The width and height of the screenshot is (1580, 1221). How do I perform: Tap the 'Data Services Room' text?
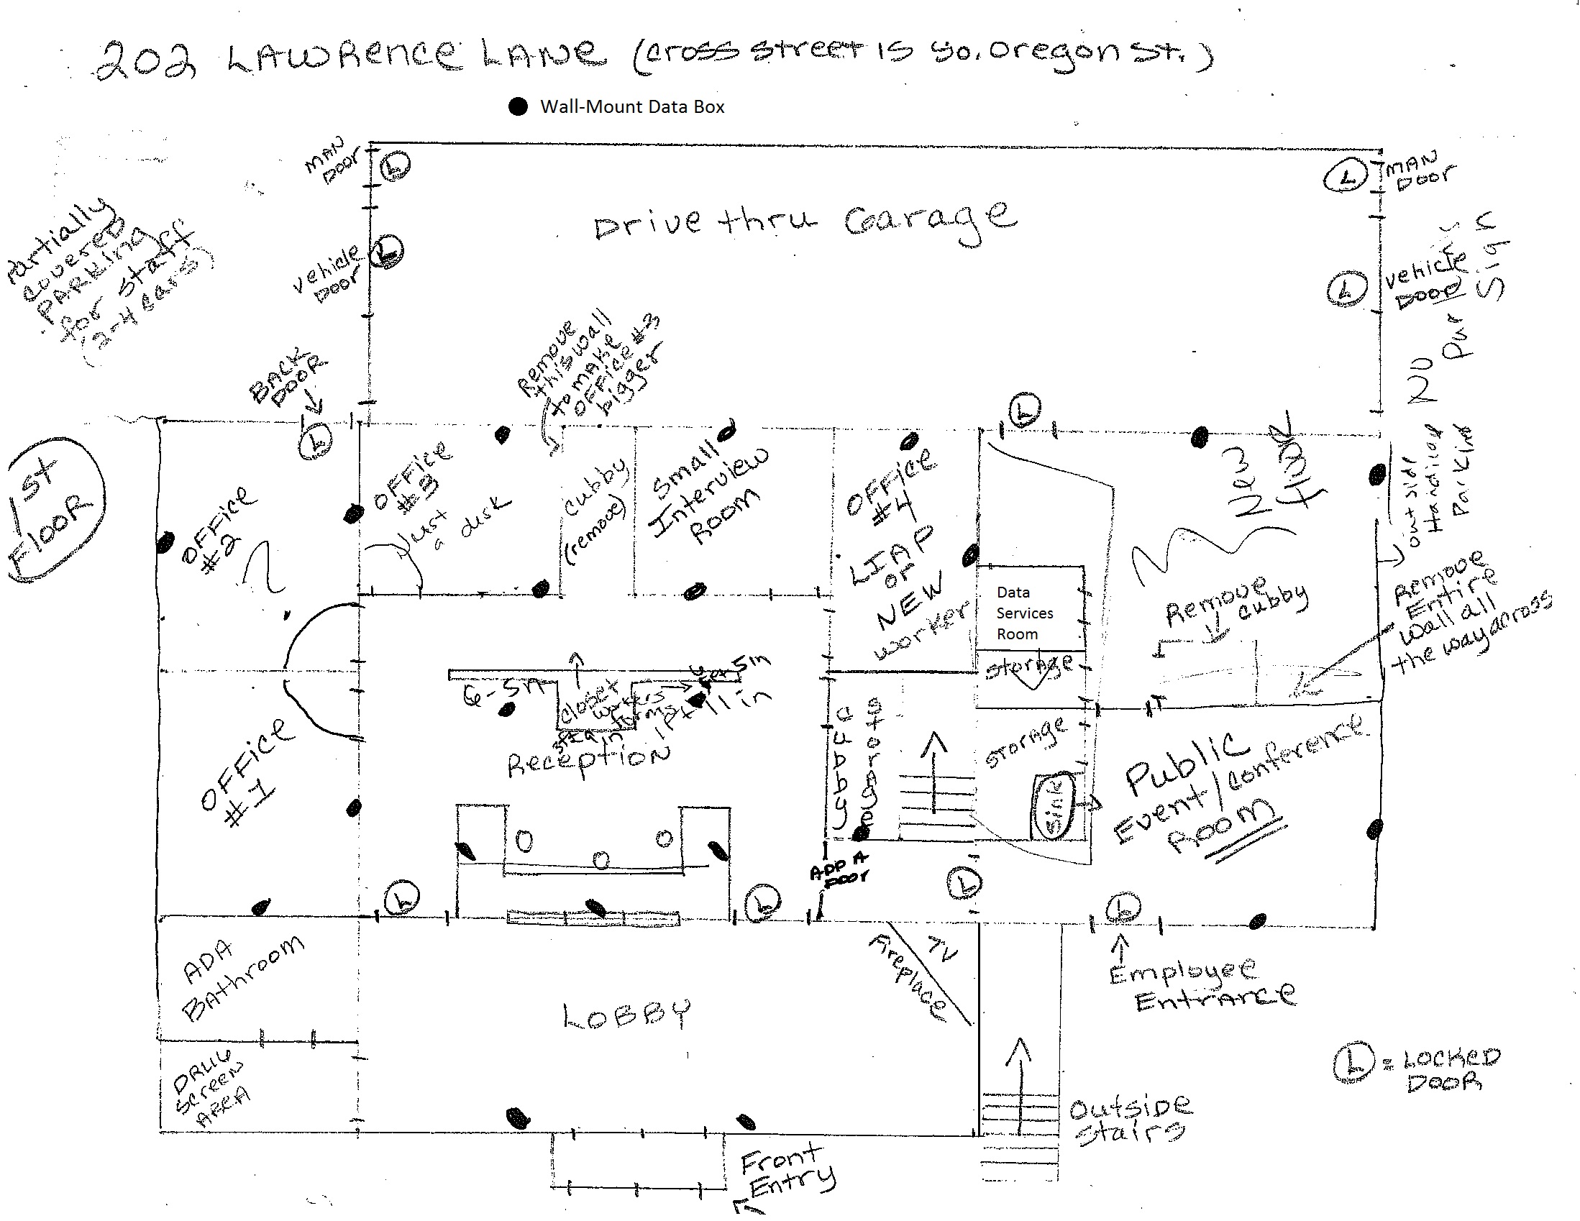point(1024,613)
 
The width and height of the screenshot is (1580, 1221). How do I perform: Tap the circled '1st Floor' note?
point(55,509)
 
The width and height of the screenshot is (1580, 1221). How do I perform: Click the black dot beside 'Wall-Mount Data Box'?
point(518,107)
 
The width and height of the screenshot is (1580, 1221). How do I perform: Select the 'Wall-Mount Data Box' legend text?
point(632,107)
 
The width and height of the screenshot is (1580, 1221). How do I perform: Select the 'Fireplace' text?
point(908,977)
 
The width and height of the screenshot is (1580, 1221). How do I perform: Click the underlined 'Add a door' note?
point(839,866)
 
